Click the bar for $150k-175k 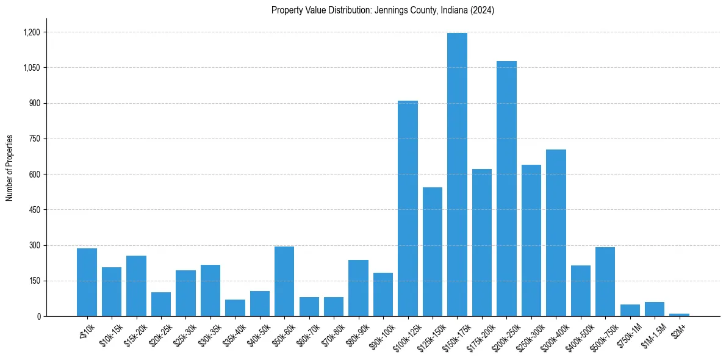tap(457, 175)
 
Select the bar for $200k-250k tap(506, 189)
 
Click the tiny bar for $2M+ tap(679, 315)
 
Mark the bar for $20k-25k tap(161, 304)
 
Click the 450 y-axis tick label tap(34, 210)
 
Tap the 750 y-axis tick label tap(34, 139)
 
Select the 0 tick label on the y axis tap(38, 317)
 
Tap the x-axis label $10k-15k tap(111, 334)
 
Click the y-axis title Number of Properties tap(10, 168)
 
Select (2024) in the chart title tap(483, 10)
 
